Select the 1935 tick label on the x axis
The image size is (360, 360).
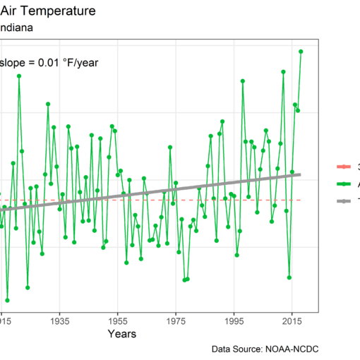click(x=59, y=320)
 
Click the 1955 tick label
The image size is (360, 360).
click(x=118, y=320)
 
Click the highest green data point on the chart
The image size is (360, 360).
click(x=301, y=52)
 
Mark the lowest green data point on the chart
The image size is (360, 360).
click(x=7, y=300)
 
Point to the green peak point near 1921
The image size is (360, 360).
click(x=19, y=76)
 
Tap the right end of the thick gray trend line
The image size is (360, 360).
click(x=301, y=174)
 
